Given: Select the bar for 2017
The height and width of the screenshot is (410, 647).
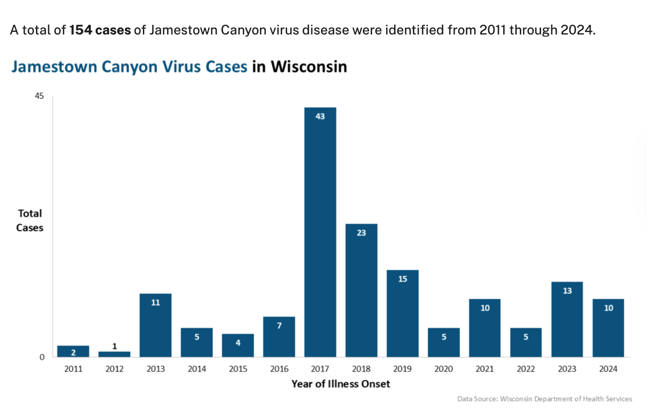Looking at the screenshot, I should pos(320,233).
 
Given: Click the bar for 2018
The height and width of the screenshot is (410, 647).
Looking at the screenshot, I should pos(361,291).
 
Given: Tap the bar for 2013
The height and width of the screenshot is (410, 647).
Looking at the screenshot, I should pos(155,325).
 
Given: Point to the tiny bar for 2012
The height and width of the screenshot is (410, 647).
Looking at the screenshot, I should pos(114,354).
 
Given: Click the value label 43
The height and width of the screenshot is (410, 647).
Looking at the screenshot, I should pos(320,116).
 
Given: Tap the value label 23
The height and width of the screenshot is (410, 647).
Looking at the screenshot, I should pos(361,233).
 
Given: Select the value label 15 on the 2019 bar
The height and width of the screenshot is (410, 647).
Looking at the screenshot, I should pos(402,279).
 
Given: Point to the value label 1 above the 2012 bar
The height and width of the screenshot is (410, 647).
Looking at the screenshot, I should pos(115,346).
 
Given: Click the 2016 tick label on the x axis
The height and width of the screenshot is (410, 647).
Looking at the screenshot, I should pos(279,369).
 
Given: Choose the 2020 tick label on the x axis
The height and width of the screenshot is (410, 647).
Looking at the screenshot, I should pos(443,369).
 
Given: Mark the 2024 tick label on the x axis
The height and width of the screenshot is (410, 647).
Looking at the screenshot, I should pos(608,369).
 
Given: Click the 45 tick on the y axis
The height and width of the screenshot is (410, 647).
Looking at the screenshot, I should pos(39,96).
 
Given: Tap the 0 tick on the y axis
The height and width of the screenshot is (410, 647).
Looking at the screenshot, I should pos(42,357).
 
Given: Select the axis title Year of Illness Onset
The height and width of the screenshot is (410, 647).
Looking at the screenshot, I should pos(341,384).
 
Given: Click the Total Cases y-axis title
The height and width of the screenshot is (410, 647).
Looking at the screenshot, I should pos(30,220).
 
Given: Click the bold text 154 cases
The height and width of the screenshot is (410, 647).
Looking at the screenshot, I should pos(100,30).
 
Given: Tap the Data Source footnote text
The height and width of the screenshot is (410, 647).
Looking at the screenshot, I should pos(545,399).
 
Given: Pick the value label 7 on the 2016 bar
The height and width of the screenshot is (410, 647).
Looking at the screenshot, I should pos(279,325).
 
